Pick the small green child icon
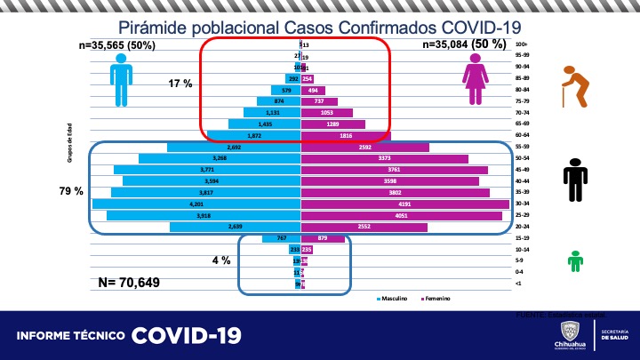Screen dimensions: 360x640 575,260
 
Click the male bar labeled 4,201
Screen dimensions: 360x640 196,204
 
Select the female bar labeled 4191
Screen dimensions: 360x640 405,204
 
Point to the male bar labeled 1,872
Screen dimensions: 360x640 254,135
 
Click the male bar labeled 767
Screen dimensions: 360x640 282,238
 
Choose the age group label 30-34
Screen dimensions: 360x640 523,204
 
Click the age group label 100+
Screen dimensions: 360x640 522,44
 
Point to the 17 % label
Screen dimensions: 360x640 180,84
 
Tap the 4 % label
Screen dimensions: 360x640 220,260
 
